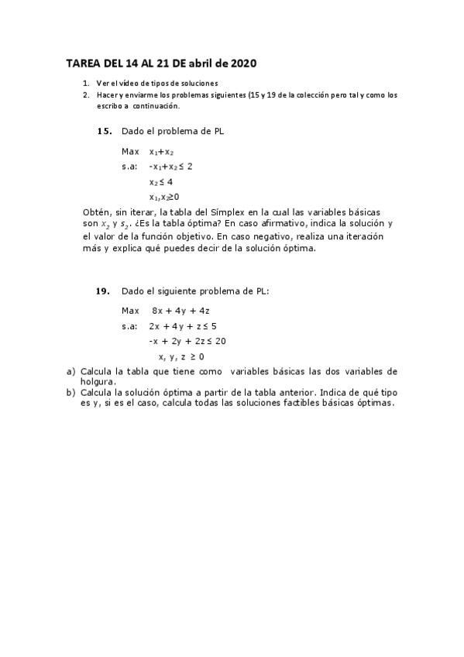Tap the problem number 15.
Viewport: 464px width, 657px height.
[x=105, y=131]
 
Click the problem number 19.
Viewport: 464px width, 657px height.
[x=103, y=291]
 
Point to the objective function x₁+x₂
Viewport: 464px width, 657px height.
[x=162, y=152]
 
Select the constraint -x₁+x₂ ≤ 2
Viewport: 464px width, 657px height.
[x=171, y=167]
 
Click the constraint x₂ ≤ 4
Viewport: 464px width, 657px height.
[x=161, y=182]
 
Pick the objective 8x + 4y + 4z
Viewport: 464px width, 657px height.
[x=180, y=310]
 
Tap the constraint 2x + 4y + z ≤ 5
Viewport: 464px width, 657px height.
[x=183, y=325]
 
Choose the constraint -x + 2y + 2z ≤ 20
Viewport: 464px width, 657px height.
[x=187, y=341]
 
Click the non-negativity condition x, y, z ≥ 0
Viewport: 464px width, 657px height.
[x=181, y=356]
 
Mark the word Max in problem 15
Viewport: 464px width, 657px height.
[x=130, y=152]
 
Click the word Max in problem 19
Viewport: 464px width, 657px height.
[x=130, y=310]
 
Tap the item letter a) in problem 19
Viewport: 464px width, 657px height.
[x=71, y=372]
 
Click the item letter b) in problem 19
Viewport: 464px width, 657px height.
[x=71, y=392]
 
